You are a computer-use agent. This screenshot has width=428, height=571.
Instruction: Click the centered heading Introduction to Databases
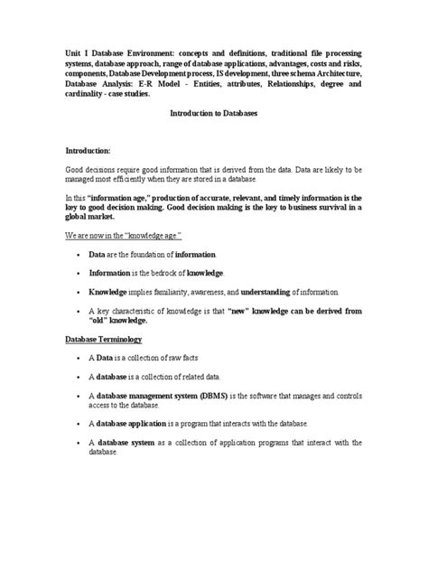(213, 117)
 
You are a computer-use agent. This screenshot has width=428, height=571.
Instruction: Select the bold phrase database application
(134, 424)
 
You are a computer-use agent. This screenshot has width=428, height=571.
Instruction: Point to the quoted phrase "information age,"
(125, 196)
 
